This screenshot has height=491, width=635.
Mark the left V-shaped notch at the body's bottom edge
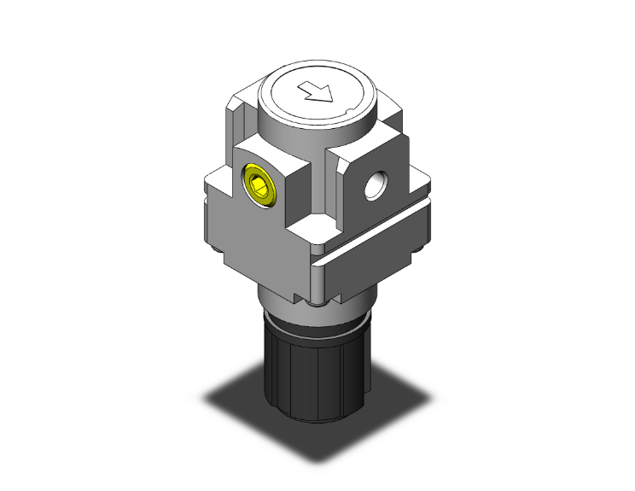tap(299, 299)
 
